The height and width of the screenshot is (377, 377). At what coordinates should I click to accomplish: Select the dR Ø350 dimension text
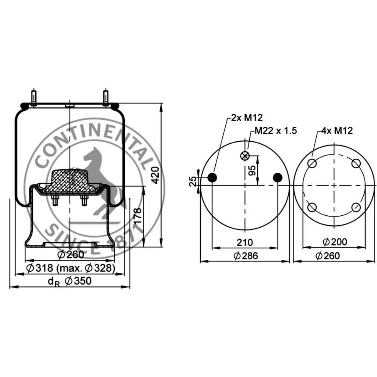pyautogui.click(x=70, y=281)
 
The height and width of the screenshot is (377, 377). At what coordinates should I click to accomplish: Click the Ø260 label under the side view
pyautogui.click(x=71, y=255)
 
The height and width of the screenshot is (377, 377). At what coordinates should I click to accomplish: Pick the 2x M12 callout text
pyautogui.click(x=247, y=117)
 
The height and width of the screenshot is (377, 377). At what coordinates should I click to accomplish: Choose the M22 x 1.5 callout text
pyautogui.click(x=276, y=131)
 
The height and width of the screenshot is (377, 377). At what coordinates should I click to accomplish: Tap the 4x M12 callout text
pyautogui.click(x=337, y=131)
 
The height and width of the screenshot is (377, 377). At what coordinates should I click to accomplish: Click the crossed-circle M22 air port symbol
pyautogui.click(x=245, y=156)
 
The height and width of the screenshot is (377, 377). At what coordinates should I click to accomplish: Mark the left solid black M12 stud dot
pyautogui.click(x=212, y=178)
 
